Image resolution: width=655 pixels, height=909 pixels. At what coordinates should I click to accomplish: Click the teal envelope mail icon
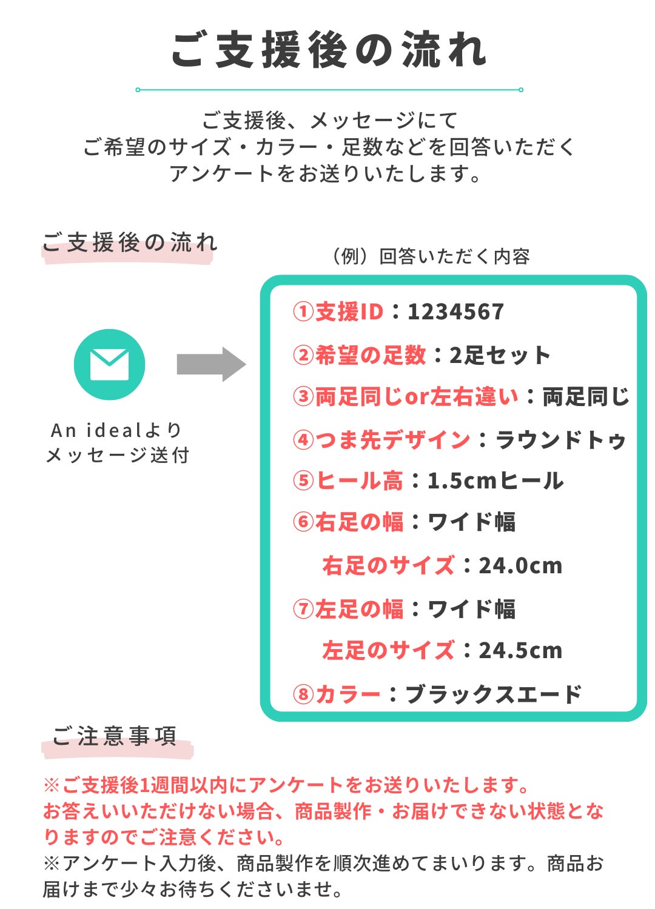point(109,364)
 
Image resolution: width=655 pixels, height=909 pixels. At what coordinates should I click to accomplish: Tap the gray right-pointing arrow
point(211,364)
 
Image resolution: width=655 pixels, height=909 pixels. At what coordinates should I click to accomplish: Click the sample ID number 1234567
point(455,312)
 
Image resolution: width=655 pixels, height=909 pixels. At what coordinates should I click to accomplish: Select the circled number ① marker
point(303,312)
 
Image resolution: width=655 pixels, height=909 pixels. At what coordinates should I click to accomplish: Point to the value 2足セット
point(500,355)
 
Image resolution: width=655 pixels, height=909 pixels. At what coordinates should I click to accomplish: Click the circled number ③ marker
point(303,396)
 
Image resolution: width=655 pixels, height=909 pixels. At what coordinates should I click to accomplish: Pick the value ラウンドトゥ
point(560,439)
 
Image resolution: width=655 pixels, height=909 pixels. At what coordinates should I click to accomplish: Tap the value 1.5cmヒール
point(495,481)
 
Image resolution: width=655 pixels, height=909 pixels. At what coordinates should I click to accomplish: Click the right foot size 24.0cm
point(520,565)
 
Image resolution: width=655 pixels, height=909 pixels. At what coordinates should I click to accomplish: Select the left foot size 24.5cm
point(520,650)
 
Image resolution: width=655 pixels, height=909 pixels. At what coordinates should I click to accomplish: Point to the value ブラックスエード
point(494,694)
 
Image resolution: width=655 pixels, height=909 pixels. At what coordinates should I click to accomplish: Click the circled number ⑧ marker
point(303,694)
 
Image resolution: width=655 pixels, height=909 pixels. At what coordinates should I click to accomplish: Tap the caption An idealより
point(116,430)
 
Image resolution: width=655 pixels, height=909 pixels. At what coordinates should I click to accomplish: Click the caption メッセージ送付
point(118,455)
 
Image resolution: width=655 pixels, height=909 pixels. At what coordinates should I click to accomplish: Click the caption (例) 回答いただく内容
point(431,256)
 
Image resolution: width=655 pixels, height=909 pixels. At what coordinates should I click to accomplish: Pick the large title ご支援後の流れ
point(329,50)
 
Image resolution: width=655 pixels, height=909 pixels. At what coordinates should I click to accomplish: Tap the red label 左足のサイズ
point(388,650)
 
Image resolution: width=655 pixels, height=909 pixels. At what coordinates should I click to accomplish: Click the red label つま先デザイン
point(392,439)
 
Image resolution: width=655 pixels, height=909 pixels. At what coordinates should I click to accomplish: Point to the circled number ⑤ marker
point(303,481)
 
